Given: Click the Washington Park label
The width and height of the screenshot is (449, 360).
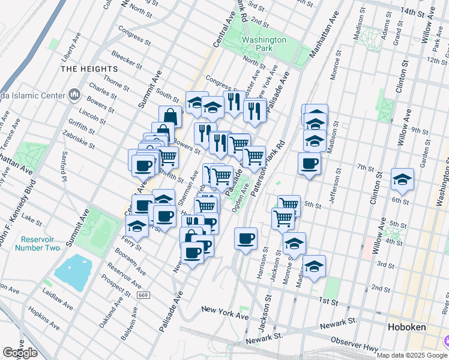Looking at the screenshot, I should tap(264, 44).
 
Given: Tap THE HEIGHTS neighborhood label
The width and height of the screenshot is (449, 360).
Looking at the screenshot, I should tap(88, 69).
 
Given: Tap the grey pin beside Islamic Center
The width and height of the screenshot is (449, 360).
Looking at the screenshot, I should tap(75, 94).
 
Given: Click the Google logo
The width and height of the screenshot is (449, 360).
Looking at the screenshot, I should tap(20, 353).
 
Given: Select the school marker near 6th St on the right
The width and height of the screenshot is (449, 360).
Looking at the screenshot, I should tap(402, 179).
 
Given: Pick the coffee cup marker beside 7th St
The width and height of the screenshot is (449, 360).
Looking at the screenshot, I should tap(309, 163).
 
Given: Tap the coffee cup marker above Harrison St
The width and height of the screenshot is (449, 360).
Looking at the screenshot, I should tap(246, 239).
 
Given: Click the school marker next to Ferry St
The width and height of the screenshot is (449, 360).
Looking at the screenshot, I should tap(137, 226).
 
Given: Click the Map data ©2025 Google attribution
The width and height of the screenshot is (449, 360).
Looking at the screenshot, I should tap(411, 355).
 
